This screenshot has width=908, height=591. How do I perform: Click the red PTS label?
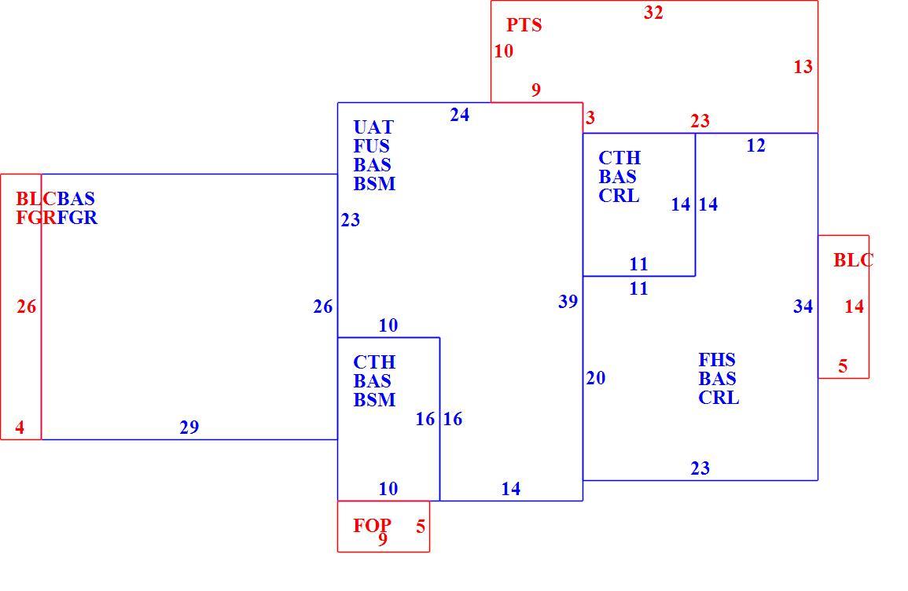(524, 25)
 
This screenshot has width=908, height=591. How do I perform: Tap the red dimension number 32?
(653, 12)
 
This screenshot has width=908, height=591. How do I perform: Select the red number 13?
(803, 67)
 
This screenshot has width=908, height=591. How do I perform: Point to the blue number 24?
(460, 115)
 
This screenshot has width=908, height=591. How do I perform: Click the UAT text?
(373, 127)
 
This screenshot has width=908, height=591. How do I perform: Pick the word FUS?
(371, 146)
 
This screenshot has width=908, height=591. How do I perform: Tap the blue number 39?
(568, 301)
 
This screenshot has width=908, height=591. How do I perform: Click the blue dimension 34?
(803, 307)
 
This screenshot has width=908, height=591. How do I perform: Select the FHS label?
(717, 359)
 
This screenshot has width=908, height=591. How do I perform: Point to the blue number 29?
(189, 428)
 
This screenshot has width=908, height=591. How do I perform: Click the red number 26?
(27, 307)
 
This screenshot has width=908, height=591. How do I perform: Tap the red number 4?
(20, 428)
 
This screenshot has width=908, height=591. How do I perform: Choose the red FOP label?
(373, 525)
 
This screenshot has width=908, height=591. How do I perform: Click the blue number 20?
(596, 378)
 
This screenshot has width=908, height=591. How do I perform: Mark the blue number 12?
(755, 145)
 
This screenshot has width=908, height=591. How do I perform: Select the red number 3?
(590, 118)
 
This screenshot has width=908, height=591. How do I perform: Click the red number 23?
(700, 121)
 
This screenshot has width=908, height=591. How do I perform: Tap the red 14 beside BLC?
(854, 307)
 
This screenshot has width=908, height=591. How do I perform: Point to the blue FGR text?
(77, 218)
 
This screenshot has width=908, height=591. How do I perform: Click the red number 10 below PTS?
(504, 51)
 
